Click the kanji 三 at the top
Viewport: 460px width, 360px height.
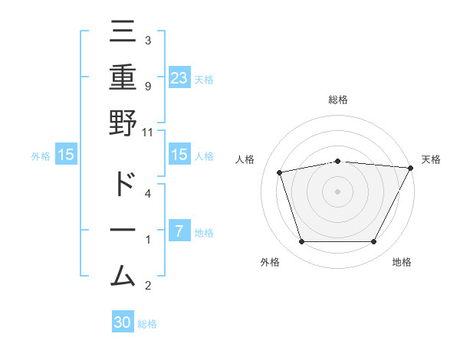123,32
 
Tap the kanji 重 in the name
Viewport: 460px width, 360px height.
123,77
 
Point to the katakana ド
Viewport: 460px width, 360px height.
123,184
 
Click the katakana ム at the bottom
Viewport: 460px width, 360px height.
123,273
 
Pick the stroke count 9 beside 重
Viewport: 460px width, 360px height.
147,86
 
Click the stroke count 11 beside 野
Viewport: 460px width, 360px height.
147,132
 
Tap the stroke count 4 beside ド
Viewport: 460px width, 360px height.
147,193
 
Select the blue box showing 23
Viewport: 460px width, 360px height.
179,77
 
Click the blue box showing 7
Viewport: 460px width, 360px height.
179,231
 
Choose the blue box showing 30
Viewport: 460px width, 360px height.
123,322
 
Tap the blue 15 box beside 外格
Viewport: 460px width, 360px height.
65,155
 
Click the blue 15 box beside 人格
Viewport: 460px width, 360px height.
179,155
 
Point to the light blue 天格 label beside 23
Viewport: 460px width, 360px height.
204,79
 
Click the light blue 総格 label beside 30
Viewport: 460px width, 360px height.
147,324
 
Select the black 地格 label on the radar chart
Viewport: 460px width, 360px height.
402,263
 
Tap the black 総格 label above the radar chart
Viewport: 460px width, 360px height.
338,100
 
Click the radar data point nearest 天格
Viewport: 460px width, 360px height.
411,169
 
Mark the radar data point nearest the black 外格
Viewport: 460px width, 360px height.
301,242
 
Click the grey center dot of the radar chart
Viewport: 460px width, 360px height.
338,191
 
